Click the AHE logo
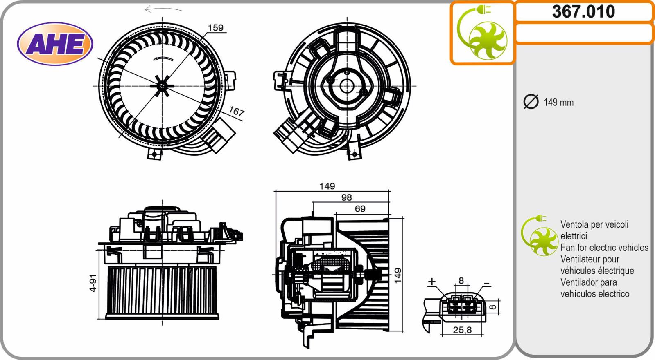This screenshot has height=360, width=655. pyautogui.click(x=55, y=44)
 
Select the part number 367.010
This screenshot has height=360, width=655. pyautogui.click(x=583, y=12)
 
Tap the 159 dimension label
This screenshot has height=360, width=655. pyautogui.click(x=215, y=28)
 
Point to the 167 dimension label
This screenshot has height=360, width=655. pyautogui.click(x=236, y=111)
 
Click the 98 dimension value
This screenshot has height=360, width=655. pyautogui.click(x=346, y=197)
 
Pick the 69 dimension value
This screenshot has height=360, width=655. pyautogui.click(x=360, y=209)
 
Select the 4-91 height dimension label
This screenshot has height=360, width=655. pyautogui.click(x=93, y=283)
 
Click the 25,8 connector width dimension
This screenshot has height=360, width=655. pyautogui.click(x=462, y=330)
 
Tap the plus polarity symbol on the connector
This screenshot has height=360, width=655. pyautogui.click(x=431, y=282)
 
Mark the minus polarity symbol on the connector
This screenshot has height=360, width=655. pyautogui.click(x=487, y=284)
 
